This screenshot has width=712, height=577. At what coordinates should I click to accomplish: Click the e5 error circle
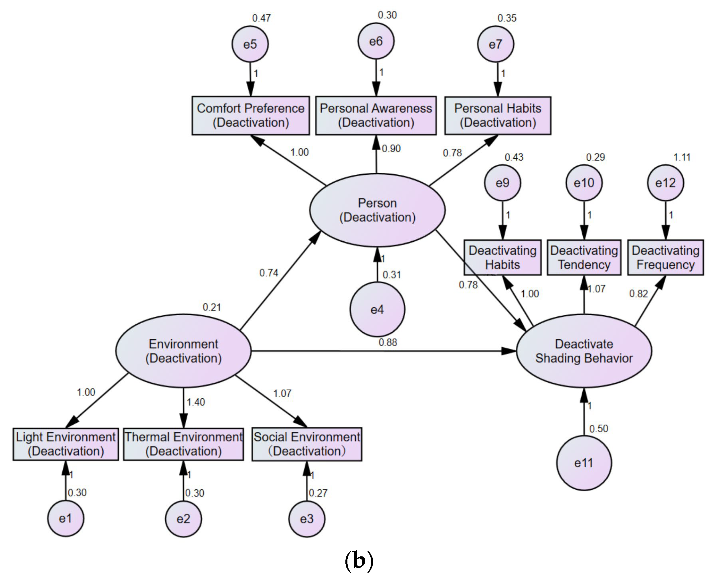pos(250,44)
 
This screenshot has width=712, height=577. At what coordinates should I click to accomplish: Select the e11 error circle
pos(584,463)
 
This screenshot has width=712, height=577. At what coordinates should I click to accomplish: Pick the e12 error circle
pos(666,182)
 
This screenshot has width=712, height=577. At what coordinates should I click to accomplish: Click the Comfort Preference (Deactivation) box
pos(251,115)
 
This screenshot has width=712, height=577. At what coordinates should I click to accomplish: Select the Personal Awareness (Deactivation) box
pos(376,115)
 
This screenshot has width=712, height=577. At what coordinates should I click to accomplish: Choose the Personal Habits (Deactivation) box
pos(498,115)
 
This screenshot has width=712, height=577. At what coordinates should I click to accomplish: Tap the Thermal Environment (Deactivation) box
pos(183,444)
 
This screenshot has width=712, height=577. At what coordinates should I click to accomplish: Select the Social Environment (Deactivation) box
pos(307,444)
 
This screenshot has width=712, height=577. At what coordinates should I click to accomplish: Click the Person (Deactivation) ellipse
pos(377,210)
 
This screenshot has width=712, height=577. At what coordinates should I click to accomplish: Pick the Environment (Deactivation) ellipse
pos(183,351)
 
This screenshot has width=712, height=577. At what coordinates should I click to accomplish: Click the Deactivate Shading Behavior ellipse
pos(584,351)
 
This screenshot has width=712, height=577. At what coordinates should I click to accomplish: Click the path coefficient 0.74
pos(269,273)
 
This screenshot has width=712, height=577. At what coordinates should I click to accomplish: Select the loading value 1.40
pos(196,402)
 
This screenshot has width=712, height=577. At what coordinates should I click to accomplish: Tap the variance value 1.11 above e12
pos(682,157)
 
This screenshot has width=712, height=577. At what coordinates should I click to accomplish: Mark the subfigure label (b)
pos(359,561)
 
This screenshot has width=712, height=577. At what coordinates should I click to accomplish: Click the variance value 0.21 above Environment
pos(212,307)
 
